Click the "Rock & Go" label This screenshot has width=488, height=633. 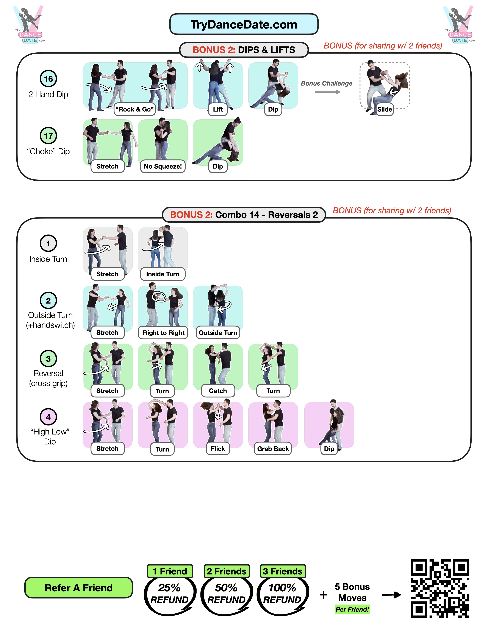135,109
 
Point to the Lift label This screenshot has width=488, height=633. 218,109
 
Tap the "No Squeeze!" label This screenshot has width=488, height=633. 163,166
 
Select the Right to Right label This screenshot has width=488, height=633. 163,333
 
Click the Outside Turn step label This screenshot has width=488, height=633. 218,333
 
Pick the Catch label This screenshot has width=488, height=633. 218,391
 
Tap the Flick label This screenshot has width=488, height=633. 218,449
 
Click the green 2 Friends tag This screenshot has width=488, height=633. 227,571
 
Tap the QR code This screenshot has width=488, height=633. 440,588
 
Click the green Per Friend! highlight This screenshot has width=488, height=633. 352,609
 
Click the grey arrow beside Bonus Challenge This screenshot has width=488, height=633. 328,92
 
